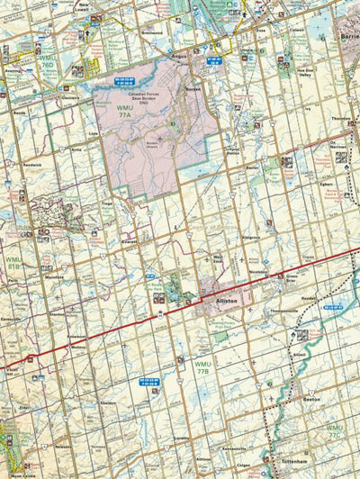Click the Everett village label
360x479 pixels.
[133, 242]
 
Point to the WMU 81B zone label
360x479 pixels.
[13, 263]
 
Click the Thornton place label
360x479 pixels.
[340, 118]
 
